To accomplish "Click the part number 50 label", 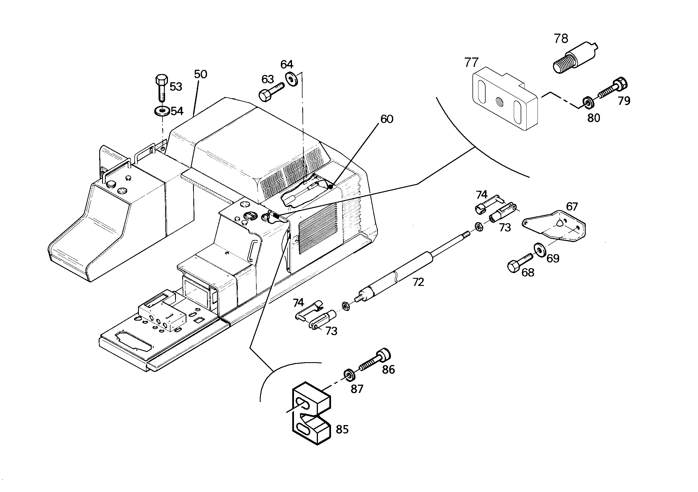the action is tap(201, 74).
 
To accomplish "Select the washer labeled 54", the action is tap(162, 111).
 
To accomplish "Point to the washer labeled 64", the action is tap(292, 79).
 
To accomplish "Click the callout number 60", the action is tap(387, 119).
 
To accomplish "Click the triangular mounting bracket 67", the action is tap(554, 226).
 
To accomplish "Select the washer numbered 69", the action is tap(540, 250).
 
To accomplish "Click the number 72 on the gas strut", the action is tap(418, 282).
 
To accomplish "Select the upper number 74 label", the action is tap(482, 194).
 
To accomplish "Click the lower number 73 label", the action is tap(331, 331).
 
